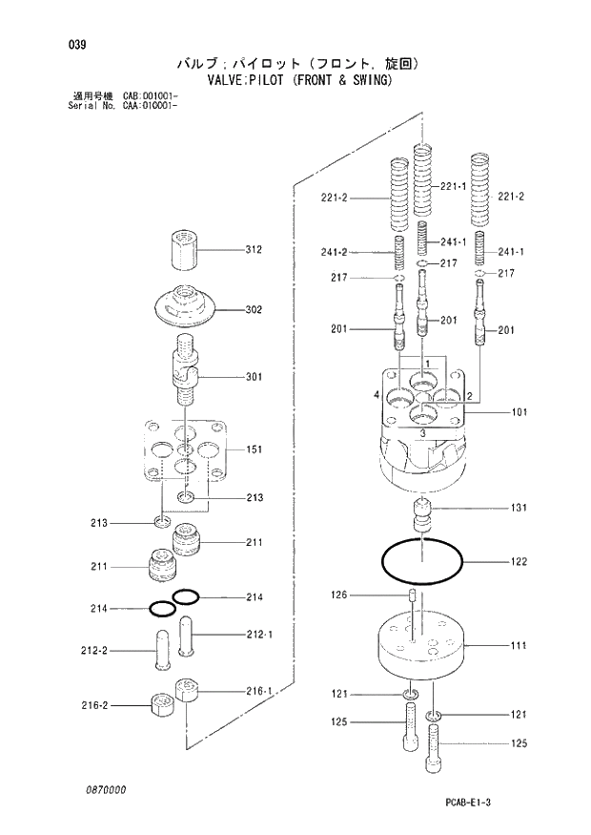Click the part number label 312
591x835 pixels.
254,251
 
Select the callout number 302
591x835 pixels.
254,310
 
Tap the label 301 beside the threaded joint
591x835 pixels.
254,377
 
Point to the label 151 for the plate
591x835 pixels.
254,449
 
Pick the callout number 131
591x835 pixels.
518,508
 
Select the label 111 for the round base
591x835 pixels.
518,646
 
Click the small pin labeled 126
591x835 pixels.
412,597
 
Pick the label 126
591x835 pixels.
339,595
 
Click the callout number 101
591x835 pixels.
518,413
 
